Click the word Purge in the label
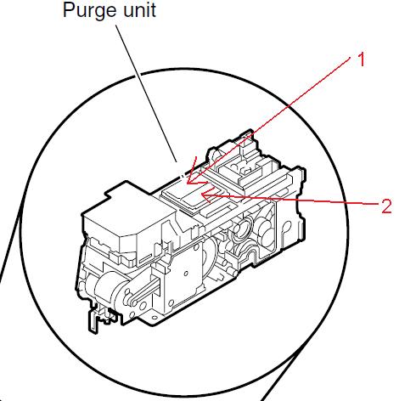(x=89, y=11)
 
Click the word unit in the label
(x=139, y=10)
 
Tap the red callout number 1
(x=361, y=59)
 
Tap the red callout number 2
(x=386, y=206)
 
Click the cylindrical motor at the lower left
(x=107, y=286)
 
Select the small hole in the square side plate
(x=186, y=274)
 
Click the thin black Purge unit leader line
(x=146, y=93)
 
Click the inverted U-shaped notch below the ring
(x=251, y=251)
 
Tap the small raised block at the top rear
(x=247, y=171)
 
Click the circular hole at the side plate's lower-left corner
(x=171, y=303)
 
